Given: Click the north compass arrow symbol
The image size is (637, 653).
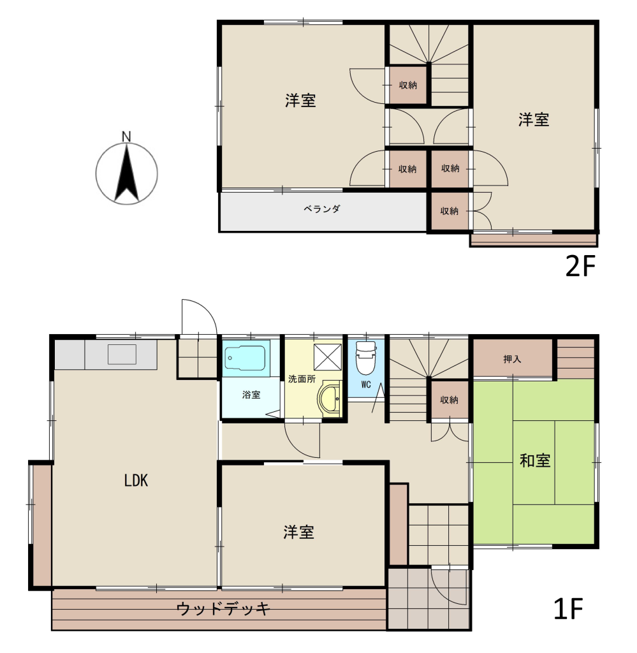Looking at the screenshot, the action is [126, 173].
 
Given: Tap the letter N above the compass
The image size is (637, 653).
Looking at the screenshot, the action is [126, 136].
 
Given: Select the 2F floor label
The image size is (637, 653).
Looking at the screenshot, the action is [580, 266].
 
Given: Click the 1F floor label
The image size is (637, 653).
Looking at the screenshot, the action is [568, 608].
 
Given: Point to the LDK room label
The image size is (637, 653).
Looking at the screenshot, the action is [136, 481].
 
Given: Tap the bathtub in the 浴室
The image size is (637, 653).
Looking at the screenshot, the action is [245, 358].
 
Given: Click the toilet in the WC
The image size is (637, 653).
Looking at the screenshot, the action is [365, 358].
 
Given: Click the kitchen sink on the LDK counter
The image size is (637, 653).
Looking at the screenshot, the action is [122, 355].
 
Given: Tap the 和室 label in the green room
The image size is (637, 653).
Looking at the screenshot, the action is [535, 460].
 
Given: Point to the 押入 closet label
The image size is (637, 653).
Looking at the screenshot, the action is [512, 358].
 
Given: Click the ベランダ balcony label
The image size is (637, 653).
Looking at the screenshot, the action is [322, 209].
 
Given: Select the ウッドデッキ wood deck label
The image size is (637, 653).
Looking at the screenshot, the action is [224, 609].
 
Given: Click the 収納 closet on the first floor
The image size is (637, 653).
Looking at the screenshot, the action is [450, 400].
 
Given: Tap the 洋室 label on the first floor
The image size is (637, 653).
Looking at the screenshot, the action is [298, 532].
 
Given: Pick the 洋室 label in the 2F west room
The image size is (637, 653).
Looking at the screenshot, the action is [300, 100].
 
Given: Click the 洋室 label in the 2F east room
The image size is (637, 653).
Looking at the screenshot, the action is [534, 119].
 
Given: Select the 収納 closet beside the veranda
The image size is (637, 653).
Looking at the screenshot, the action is [450, 210].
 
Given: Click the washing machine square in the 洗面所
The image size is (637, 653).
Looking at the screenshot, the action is [327, 357].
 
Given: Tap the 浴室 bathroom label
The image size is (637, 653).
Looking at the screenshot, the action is [251, 394].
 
